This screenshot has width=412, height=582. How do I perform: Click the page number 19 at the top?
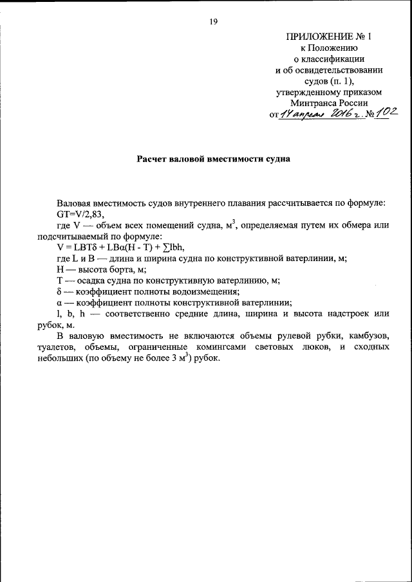point(213,22)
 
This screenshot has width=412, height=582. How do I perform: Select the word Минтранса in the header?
point(316,103)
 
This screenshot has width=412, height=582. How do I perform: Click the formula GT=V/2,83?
point(79,214)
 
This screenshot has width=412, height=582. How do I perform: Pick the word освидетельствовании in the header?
point(338,69)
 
